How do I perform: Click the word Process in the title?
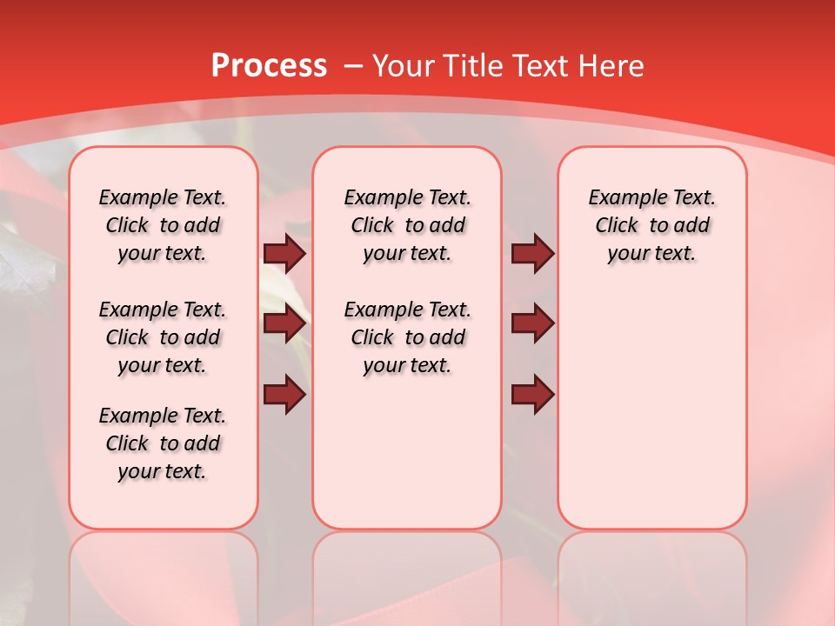pyautogui.click(x=269, y=66)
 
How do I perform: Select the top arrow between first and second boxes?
pyautogui.click(x=285, y=254)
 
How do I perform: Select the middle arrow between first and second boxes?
pyautogui.click(x=285, y=324)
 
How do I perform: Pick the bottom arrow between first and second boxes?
pyautogui.click(x=285, y=395)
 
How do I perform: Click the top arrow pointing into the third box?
pyautogui.click(x=532, y=254)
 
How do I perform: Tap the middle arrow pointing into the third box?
pyautogui.click(x=532, y=324)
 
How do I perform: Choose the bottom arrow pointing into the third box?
pyautogui.click(x=532, y=395)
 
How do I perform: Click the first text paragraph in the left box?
pyautogui.click(x=163, y=225)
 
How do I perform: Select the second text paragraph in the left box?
pyautogui.click(x=163, y=337)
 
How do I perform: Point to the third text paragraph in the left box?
pyautogui.click(x=163, y=443)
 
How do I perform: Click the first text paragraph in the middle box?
pyautogui.click(x=408, y=225)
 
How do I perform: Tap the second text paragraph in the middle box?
pyautogui.click(x=408, y=337)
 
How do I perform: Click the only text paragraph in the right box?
pyautogui.click(x=652, y=225)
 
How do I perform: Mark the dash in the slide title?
pyautogui.click(x=354, y=66)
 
